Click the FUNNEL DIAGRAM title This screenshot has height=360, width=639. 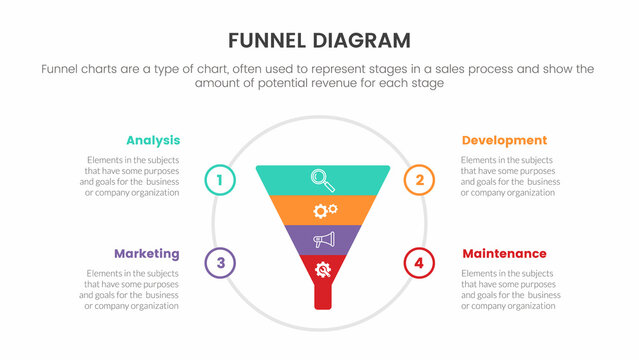320,40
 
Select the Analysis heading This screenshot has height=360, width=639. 152,140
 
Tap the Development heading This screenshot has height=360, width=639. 504,140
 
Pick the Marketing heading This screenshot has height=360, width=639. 146,253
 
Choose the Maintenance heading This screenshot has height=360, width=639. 504,253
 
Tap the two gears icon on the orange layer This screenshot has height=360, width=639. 325,210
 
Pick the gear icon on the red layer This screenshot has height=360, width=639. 323,269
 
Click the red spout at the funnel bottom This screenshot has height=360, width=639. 322,297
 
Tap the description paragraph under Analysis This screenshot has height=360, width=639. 131,176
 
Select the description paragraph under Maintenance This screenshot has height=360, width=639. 510,289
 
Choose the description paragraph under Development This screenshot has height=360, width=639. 510,176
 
